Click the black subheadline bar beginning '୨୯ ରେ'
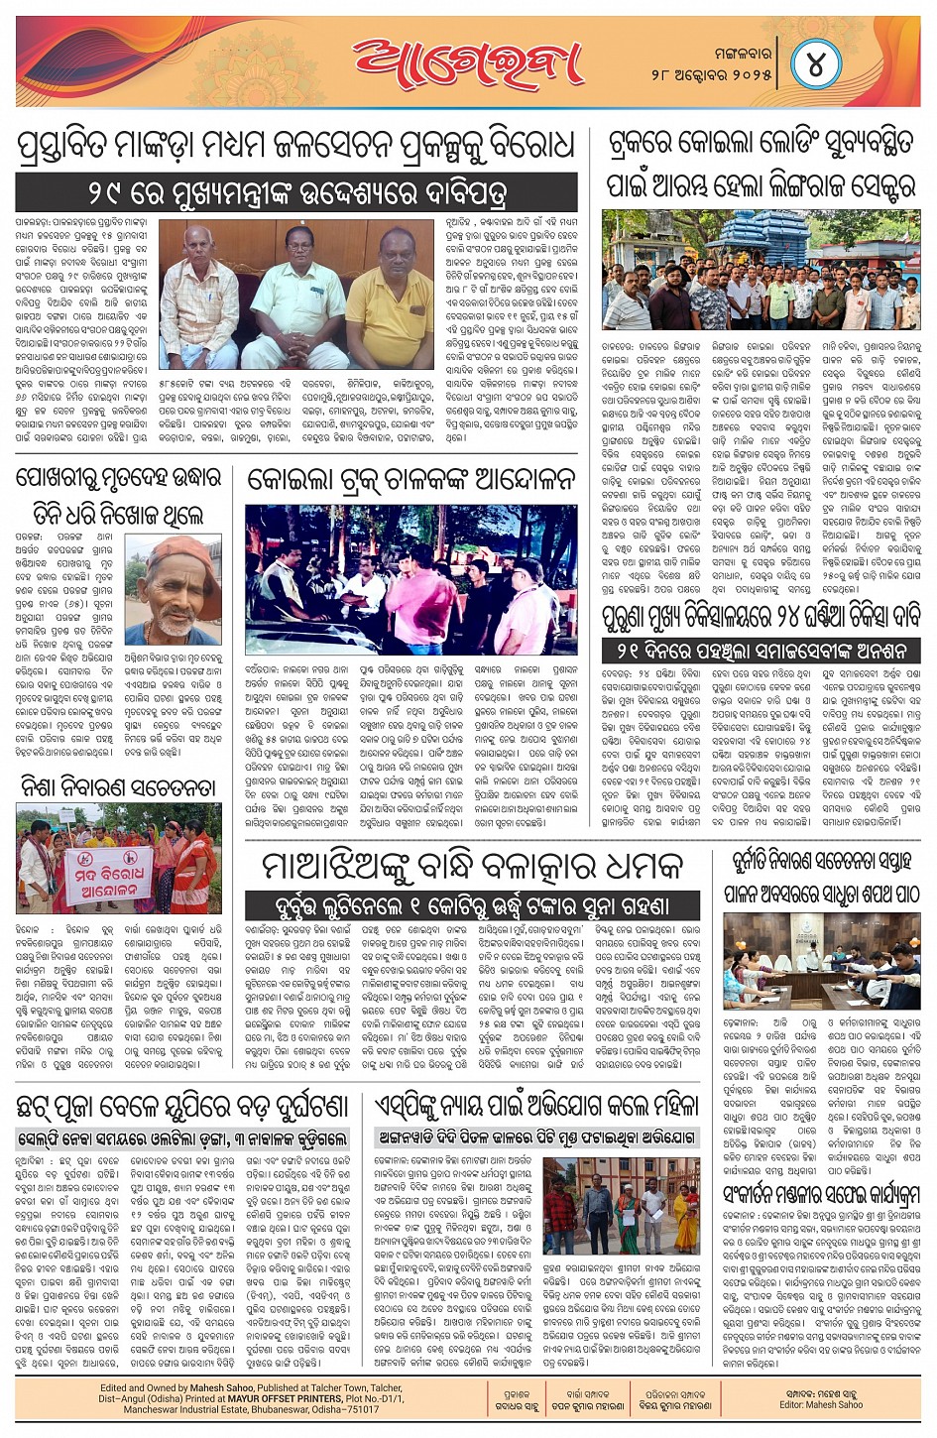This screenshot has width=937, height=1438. pos(295,190)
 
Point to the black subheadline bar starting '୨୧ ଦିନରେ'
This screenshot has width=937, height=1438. pos(761,651)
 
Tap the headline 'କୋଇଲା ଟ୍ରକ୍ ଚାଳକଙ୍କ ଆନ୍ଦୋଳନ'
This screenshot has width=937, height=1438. pos(410,480)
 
